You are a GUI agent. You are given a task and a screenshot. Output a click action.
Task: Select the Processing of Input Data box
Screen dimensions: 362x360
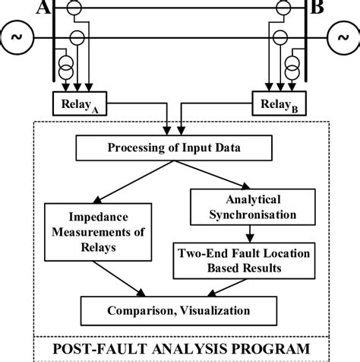point(179,148)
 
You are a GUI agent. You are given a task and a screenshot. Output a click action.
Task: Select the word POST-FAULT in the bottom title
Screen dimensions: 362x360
point(93,349)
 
